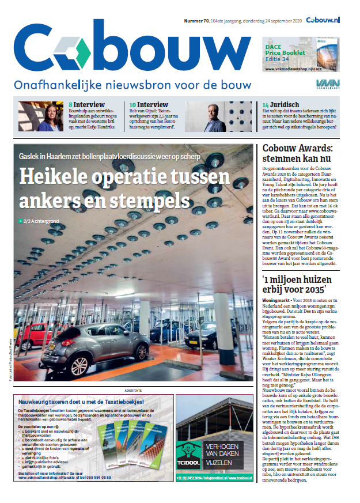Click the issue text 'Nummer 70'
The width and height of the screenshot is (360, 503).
coord(197,21)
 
